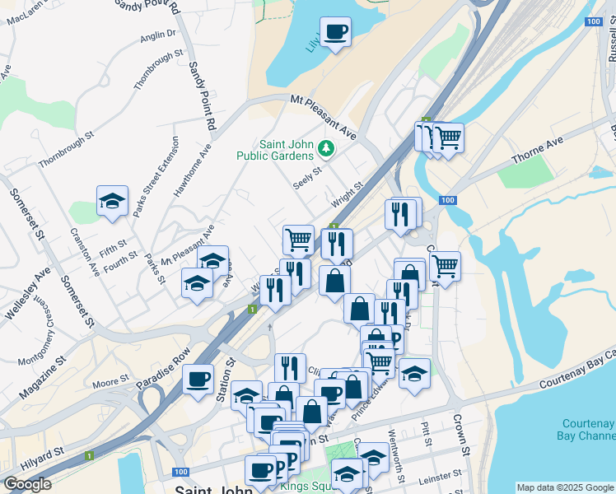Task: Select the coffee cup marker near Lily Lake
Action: (x=335, y=33)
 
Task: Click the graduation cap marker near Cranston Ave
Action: (x=112, y=201)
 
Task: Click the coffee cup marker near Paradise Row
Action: (x=198, y=380)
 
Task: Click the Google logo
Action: (x=27, y=484)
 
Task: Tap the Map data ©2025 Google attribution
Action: (x=565, y=487)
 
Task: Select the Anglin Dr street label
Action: (x=158, y=35)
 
